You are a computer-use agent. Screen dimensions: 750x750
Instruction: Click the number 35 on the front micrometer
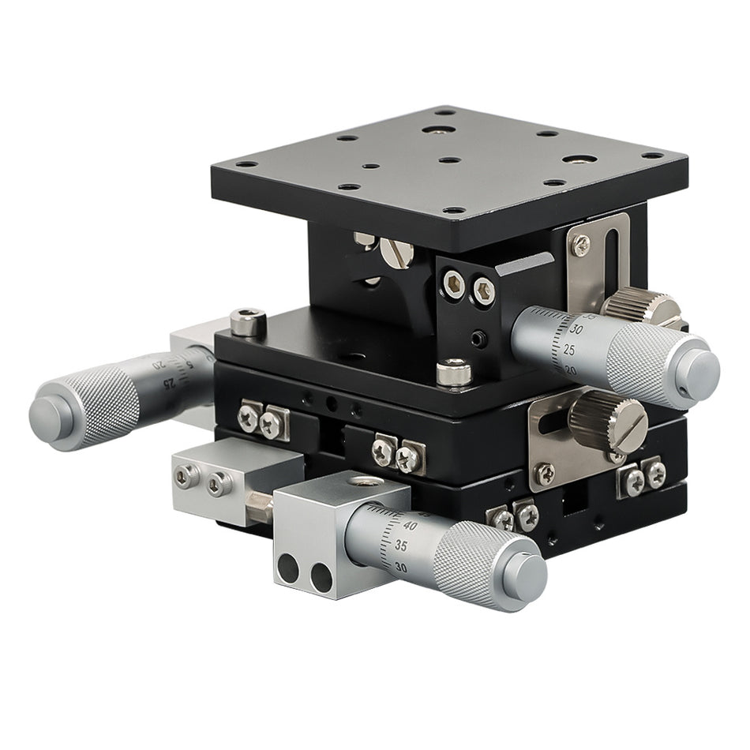click(400, 546)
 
